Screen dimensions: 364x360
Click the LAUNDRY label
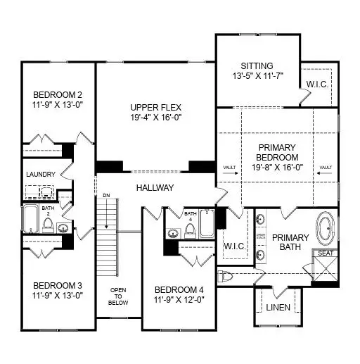(x=40, y=175)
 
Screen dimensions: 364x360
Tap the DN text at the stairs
(x=105, y=196)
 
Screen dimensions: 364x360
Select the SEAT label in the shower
(x=326, y=253)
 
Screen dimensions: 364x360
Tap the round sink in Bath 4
(x=171, y=233)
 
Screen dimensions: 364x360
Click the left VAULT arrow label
(x=226, y=168)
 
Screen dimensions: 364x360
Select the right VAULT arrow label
(x=324, y=168)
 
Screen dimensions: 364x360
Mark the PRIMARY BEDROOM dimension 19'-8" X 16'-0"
(x=275, y=168)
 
